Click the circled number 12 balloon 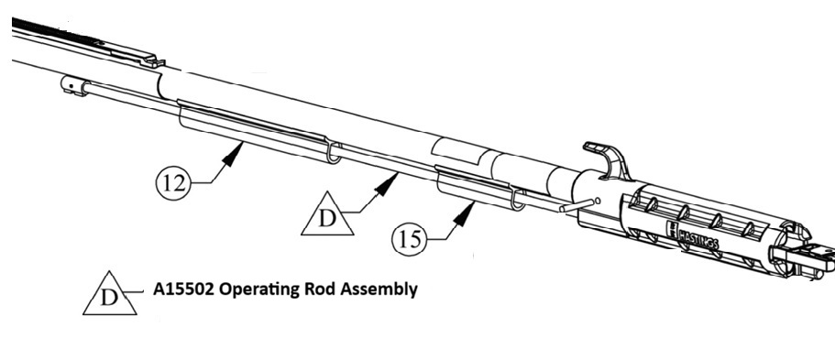pos(173,182)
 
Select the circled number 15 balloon pos(410,239)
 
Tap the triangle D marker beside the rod pos(327,214)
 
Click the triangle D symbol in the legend pos(110,294)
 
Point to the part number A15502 pos(183,289)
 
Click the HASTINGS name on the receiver pos(698,237)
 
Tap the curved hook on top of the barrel pos(609,158)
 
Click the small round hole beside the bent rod pos(597,201)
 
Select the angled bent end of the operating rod pos(575,205)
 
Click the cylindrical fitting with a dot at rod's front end pos(74,86)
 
